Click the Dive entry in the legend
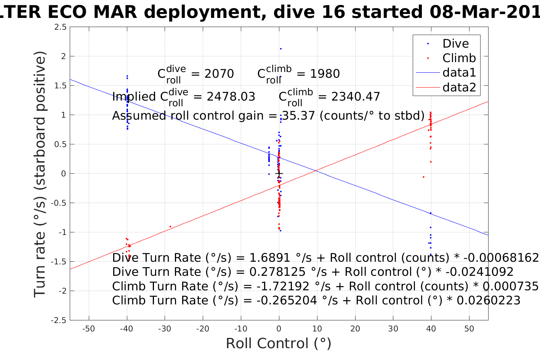455,43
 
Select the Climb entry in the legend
459,58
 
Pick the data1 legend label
459,73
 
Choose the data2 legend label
459,88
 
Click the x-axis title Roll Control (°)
279,343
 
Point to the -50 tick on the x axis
88,329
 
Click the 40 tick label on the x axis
431,329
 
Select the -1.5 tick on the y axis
59,262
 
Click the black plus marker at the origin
279,174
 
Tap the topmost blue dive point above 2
280,49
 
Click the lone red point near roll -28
170,227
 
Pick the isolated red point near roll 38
423,177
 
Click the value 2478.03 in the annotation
231,97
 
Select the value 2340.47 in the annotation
356,97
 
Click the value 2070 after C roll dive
219,74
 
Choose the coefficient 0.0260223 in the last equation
488,301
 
